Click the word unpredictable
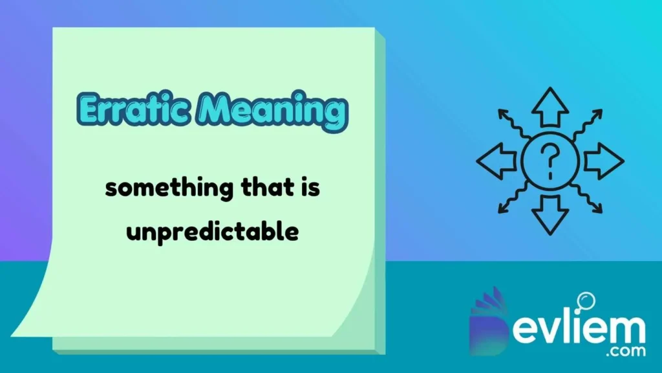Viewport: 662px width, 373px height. coord(212,231)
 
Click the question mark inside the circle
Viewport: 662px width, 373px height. coord(550,160)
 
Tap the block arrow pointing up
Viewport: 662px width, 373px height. coord(550,107)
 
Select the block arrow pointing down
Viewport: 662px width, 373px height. coord(550,215)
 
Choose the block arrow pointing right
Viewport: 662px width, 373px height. coord(604,161)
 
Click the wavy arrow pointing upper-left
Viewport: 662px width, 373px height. coord(511,123)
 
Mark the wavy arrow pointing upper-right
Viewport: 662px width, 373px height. coord(588,123)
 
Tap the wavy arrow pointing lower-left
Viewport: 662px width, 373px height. coord(511,199)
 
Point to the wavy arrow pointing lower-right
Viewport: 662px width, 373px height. coord(588,199)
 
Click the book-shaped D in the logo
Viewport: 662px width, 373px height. coord(489,324)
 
